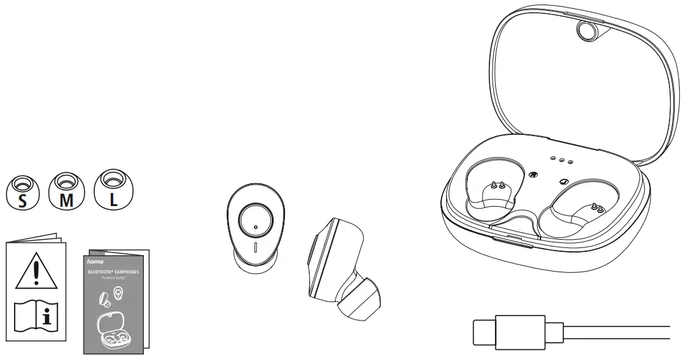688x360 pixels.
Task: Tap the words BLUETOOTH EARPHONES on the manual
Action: point(114,272)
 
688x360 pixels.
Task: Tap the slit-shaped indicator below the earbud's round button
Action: point(255,247)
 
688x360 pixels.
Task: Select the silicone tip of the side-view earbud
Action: point(360,304)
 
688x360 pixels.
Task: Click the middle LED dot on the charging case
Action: point(562,160)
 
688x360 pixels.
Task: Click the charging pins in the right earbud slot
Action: point(596,207)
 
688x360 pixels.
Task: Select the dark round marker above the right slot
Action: point(562,181)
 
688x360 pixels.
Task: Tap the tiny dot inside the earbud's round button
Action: point(255,227)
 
